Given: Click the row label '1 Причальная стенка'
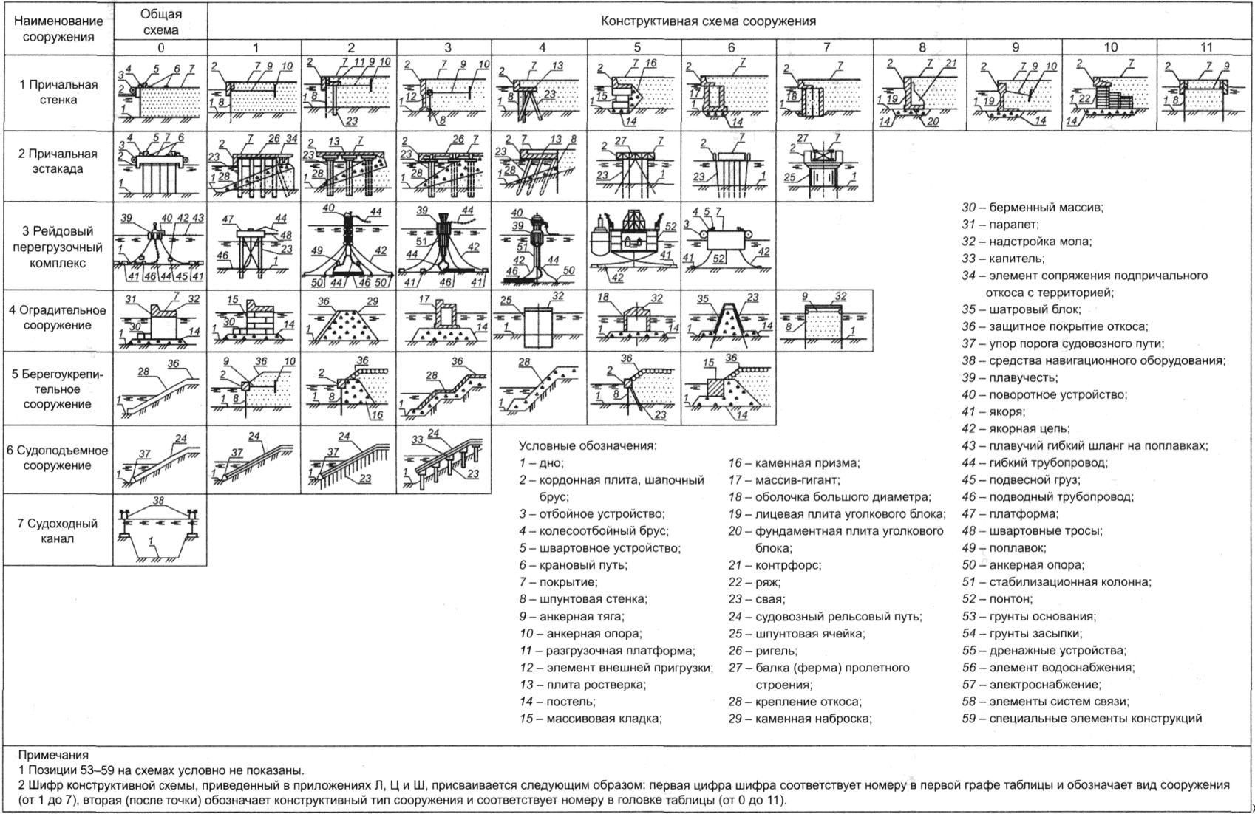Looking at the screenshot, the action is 58,92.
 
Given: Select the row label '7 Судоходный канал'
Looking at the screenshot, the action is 58,530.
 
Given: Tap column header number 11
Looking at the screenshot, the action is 1205,47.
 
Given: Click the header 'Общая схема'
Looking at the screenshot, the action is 160,22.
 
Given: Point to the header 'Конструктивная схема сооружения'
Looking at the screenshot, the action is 708,21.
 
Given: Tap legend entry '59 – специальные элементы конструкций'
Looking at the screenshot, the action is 1081,718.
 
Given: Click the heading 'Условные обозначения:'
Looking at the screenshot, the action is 588,445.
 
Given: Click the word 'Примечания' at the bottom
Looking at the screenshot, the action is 53,755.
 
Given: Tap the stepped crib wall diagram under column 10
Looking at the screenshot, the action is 1109,95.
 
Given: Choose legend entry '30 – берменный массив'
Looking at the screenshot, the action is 1033,208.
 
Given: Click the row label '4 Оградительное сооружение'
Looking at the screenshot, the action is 58,318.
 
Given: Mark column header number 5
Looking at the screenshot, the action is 636,47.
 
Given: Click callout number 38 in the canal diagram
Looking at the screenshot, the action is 158,500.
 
